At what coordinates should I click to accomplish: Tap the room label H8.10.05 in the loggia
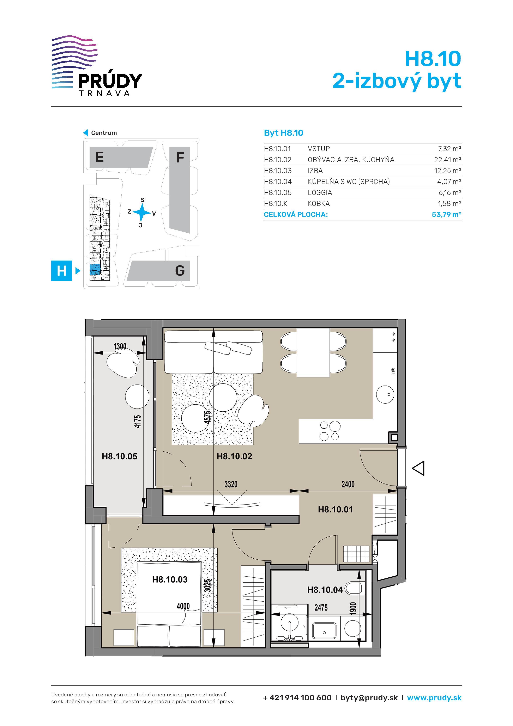[120, 456]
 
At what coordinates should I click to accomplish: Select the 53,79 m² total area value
[446, 214]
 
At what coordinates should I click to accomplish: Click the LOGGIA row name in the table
[320, 192]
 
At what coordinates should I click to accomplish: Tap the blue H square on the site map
[62, 271]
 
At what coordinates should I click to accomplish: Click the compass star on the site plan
[142, 212]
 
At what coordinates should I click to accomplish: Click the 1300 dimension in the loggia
[120, 347]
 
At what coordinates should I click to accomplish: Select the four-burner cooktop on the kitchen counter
[330, 431]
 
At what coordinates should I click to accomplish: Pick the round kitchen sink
[385, 394]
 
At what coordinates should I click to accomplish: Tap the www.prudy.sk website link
[434, 698]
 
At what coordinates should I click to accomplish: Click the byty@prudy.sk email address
[369, 698]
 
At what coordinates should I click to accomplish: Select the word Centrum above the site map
[104, 133]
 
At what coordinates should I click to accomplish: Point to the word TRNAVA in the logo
[104, 93]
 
